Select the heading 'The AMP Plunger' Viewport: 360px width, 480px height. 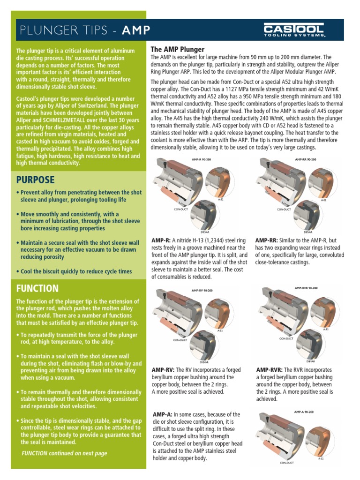[177, 49]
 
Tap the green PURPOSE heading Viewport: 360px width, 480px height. [36, 180]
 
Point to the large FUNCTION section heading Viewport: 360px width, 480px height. [37, 288]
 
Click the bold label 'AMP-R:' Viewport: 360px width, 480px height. [161, 240]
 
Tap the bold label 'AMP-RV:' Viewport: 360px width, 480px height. [163, 369]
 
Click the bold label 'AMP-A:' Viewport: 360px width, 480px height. [162, 414]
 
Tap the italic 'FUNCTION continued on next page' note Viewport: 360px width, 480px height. [64, 453]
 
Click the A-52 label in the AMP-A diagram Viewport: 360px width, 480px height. [321, 459]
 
